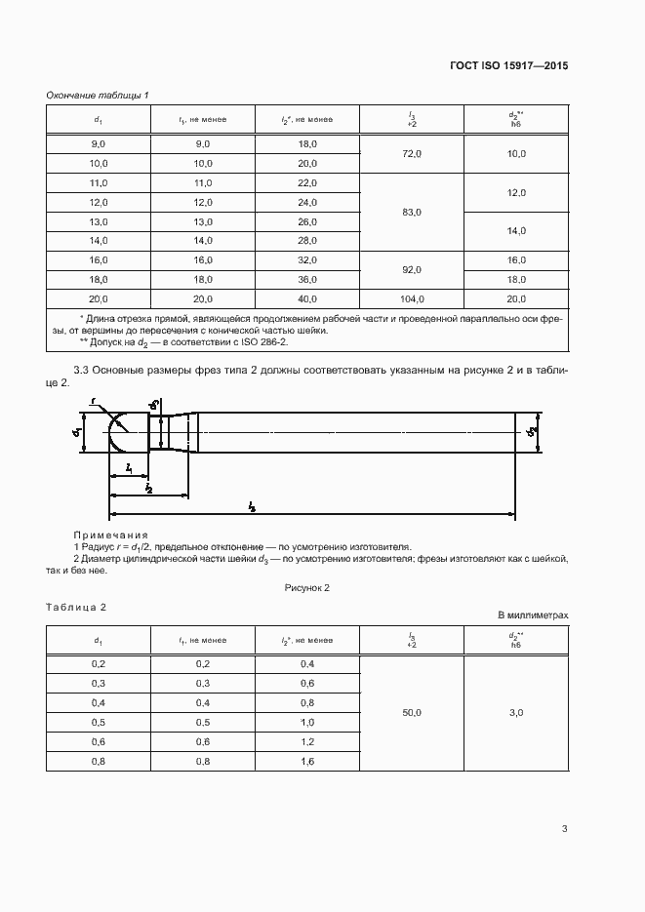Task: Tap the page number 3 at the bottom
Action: (564, 829)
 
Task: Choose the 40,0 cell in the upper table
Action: (307, 298)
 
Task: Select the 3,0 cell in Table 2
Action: (516, 713)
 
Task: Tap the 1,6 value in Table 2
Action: (307, 761)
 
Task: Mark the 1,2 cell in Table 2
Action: (307, 741)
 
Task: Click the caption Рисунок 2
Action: (307, 588)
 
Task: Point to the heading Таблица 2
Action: (76, 607)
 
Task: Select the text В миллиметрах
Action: (532, 615)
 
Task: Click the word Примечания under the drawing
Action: (110, 535)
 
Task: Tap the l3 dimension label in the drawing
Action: (252, 506)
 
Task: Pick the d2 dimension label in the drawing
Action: (532, 430)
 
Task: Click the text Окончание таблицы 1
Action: (98, 95)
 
